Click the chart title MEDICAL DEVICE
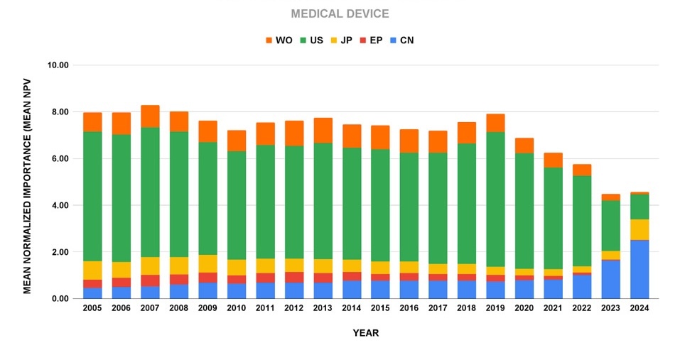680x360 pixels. [340, 14]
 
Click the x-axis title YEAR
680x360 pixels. [366, 333]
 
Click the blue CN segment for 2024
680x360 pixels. [639, 270]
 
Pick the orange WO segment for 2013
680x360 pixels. [323, 130]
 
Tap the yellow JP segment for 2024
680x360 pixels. [639, 229]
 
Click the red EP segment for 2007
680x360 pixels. [150, 280]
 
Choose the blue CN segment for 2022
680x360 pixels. [581, 286]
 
